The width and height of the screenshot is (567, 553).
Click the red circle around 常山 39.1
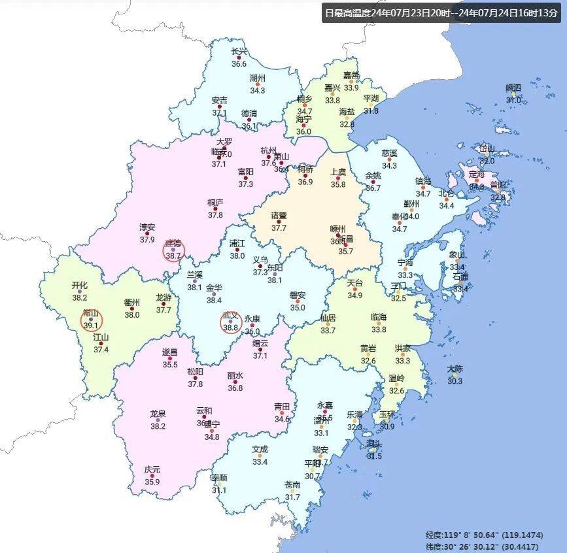click(x=91, y=320)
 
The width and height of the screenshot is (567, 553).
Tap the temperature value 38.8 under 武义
click(x=231, y=327)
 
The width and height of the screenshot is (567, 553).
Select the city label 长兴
click(x=239, y=52)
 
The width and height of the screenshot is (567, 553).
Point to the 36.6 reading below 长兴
click(x=239, y=64)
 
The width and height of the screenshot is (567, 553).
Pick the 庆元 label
click(x=152, y=469)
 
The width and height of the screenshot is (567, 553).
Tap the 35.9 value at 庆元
click(x=152, y=482)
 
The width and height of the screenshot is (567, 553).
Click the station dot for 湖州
click(x=258, y=84)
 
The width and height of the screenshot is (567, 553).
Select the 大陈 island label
click(x=455, y=369)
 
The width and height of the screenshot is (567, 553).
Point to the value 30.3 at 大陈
click(x=455, y=381)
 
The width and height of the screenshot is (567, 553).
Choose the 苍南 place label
click(x=292, y=484)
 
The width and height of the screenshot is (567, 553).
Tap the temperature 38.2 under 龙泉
click(x=158, y=426)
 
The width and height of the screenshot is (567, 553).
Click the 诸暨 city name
click(x=279, y=215)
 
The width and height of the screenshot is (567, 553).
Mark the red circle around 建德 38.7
click(x=174, y=250)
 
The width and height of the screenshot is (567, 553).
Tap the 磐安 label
click(x=298, y=295)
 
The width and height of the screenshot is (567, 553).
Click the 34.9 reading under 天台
click(x=354, y=295)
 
